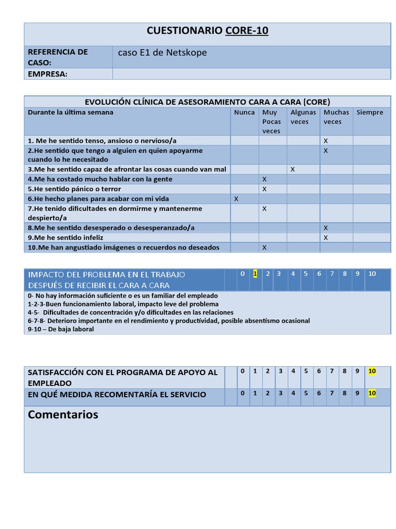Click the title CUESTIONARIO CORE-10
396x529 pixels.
pos(207,31)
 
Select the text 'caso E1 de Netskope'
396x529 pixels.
pos(162,53)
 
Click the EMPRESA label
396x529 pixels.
pos(47,74)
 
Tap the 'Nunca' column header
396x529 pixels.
pos(244,112)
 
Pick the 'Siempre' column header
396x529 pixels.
pos(370,112)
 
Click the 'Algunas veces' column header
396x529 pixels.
pos(303,117)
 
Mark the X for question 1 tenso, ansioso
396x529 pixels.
pos(325,141)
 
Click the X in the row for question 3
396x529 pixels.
pos(293,169)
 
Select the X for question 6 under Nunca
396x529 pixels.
pos(236,199)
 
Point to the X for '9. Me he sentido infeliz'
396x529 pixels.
pos(325,238)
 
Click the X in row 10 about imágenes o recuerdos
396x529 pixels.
pos(265,247)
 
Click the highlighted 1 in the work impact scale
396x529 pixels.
pos(255,274)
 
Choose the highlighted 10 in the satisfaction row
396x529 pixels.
pos(372,371)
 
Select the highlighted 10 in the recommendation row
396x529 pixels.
pos(372,393)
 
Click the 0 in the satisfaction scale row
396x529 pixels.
pos(242,371)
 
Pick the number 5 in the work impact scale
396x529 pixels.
pos(306,274)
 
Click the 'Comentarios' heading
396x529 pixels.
pos(63,414)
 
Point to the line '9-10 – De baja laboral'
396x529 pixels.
pos(61,329)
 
